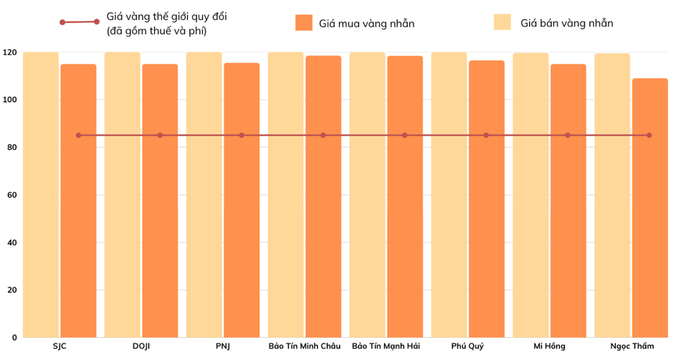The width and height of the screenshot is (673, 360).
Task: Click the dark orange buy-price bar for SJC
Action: (x=78, y=215)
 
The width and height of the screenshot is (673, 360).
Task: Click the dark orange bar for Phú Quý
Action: (x=487, y=215)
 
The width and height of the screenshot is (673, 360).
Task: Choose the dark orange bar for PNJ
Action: (x=242, y=215)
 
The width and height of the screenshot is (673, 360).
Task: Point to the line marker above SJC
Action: (x=79, y=135)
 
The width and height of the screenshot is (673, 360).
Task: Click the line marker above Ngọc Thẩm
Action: (x=649, y=135)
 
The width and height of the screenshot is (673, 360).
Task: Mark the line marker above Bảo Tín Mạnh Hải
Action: (x=405, y=135)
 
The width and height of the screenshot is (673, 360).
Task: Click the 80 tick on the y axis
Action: (x=11, y=147)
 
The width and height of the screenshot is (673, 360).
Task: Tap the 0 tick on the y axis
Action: (x=14, y=337)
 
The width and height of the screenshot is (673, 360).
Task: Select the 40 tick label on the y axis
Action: (x=11, y=242)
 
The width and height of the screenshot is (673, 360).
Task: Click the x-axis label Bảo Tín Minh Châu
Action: (x=305, y=347)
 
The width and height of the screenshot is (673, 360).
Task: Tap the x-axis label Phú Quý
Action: (x=467, y=347)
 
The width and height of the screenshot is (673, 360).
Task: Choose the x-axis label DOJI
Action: (x=141, y=347)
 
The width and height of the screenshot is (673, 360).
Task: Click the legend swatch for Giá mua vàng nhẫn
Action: (x=304, y=23)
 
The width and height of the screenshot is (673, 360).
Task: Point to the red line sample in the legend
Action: (x=80, y=22)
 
